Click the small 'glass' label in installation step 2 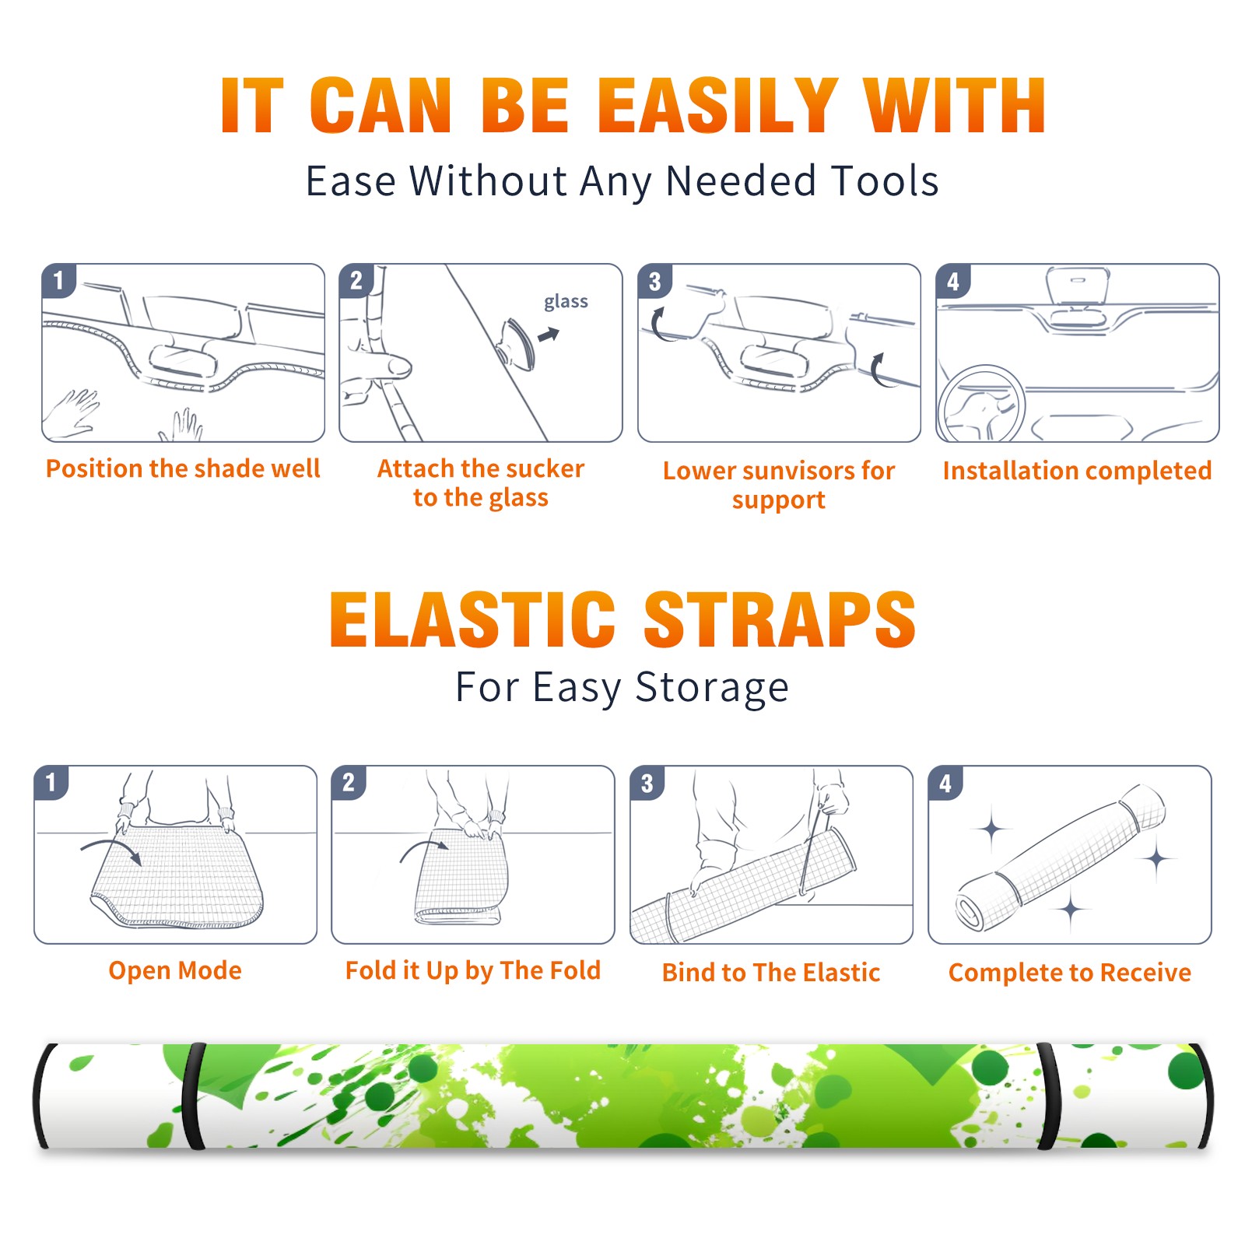pyautogui.click(x=566, y=302)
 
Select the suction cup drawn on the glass pyautogui.click(x=516, y=343)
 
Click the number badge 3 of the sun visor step pyautogui.click(x=654, y=281)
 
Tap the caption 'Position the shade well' pyautogui.click(x=183, y=468)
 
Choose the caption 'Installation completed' pyautogui.click(x=1077, y=471)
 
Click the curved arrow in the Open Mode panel pyautogui.click(x=110, y=850)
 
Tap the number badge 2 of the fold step pyautogui.click(x=348, y=782)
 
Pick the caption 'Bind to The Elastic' pyautogui.click(x=770, y=973)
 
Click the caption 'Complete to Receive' pyautogui.click(x=1069, y=973)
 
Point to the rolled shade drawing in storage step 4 pyautogui.click(x=1060, y=857)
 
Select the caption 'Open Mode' pyautogui.click(x=175, y=970)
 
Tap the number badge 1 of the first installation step pyautogui.click(x=58, y=280)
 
